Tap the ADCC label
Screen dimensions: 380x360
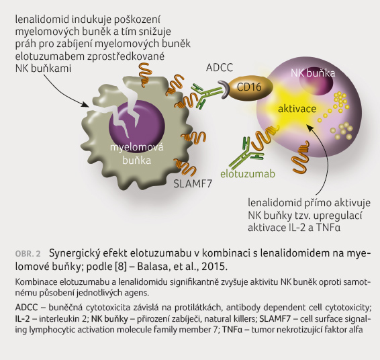click(220, 68)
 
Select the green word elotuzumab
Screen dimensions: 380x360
click(248, 174)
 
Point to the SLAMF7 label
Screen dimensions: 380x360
click(193, 184)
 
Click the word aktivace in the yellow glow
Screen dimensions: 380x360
click(297, 109)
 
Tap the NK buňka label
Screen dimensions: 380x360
click(313, 73)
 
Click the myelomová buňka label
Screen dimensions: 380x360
click(137, 154)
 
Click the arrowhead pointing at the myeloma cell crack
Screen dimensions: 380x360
click(85, 105)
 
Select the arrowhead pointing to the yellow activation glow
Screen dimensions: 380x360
click(310, 127)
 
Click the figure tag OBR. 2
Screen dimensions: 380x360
click(28, 254)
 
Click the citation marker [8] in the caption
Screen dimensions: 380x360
click(121, 267)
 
